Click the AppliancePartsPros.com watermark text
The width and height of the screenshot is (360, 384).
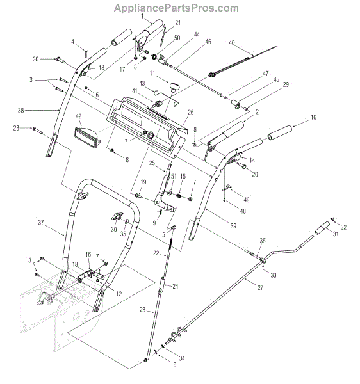[176, 8]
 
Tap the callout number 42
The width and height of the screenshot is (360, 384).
[79, 116]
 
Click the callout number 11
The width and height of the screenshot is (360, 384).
[152, 74]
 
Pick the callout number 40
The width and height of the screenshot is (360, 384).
[232, 43]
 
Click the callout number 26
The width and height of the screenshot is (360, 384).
[191, 113]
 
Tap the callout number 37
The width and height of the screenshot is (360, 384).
[41, 222]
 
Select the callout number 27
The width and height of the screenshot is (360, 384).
[260, 287]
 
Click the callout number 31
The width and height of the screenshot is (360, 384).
[336, 234]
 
